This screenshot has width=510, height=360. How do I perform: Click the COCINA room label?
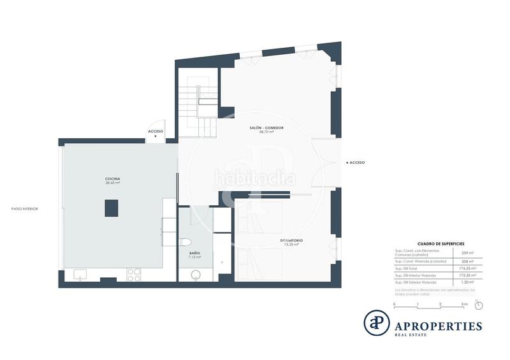tap(113, 180)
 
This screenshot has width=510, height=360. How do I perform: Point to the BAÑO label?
tap(195, 254)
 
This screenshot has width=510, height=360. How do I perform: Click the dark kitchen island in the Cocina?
tap(112, 208)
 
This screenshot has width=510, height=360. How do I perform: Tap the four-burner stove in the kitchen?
tap(135, 275)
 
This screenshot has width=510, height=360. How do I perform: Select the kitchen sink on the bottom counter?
tap(80, 275)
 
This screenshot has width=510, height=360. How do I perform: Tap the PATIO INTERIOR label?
tap(25, 208)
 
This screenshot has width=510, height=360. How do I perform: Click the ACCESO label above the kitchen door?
tap(156, 131)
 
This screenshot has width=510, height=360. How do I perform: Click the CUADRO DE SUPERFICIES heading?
tap(441, 244)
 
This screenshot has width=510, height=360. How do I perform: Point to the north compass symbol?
tap(479, 305)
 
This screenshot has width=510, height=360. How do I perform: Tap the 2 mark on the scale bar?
tap(441, 305)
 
